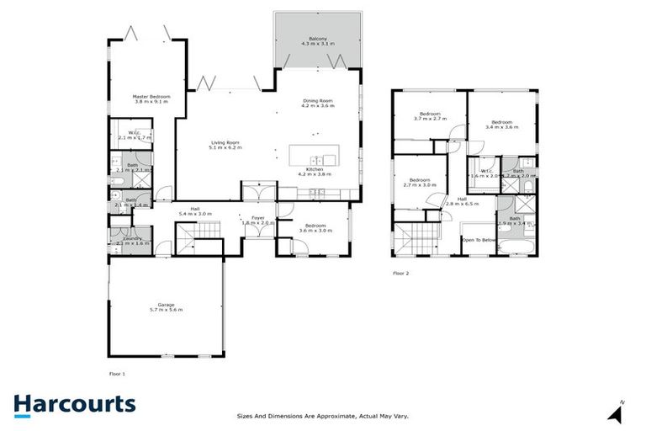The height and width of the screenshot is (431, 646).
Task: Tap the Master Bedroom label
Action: click(151, 97)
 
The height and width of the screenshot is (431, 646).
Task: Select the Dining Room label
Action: click(318, 101)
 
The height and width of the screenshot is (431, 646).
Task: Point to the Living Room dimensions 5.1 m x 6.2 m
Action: click(225, 147)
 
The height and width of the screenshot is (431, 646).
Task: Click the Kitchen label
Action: click(315, 168)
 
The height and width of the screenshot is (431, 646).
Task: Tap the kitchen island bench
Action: click(313, 157)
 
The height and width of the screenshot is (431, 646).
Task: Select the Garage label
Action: click(165, 305)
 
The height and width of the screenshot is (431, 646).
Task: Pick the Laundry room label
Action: click(133, 239)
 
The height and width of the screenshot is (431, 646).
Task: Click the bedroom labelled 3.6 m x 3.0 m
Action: click(315, 230)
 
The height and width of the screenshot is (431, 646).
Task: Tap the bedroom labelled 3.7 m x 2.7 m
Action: click(429, 119)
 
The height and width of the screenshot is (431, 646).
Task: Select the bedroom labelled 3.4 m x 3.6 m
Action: click(503, 123)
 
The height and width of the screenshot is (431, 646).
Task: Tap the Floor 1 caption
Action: click(118, 372)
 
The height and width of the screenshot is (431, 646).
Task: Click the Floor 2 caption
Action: click(402, 274)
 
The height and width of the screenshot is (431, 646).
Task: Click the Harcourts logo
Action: click(74, 404)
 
